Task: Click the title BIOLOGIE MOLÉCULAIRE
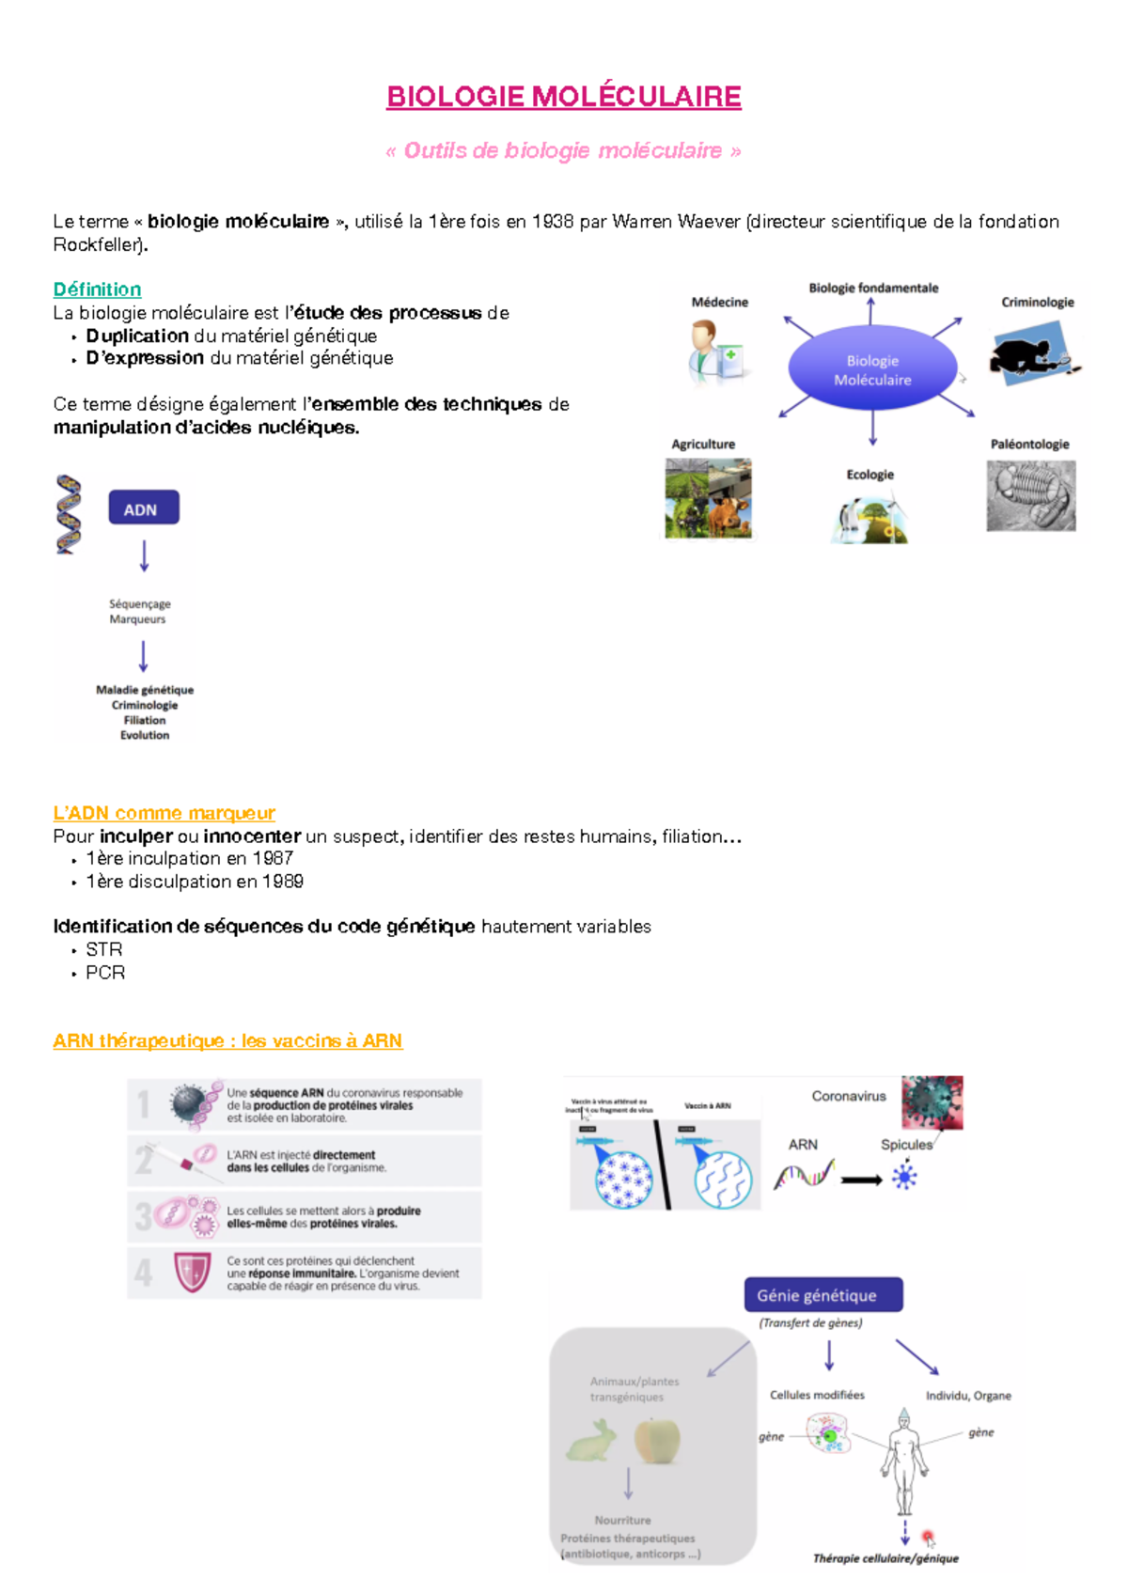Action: [564, 97]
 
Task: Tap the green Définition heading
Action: [97, 289]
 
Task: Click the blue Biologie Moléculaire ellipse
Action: [872, 369]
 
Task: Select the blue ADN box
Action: [143, 508]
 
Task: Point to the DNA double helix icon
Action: [68, 514]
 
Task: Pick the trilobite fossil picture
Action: [1031, 496]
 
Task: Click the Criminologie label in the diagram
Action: [1037, 302]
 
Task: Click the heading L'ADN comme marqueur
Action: [164, 813]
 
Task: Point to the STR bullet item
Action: [104, 949]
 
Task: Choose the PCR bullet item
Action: [105, 973]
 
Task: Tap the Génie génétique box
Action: [823, 1294]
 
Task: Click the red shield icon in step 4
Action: [192, 1273]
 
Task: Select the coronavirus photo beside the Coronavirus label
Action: [932, 1102]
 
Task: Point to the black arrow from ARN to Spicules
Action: [861, 1180]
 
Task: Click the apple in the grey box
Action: [657, 1439]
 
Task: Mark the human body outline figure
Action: [903, 1461]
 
